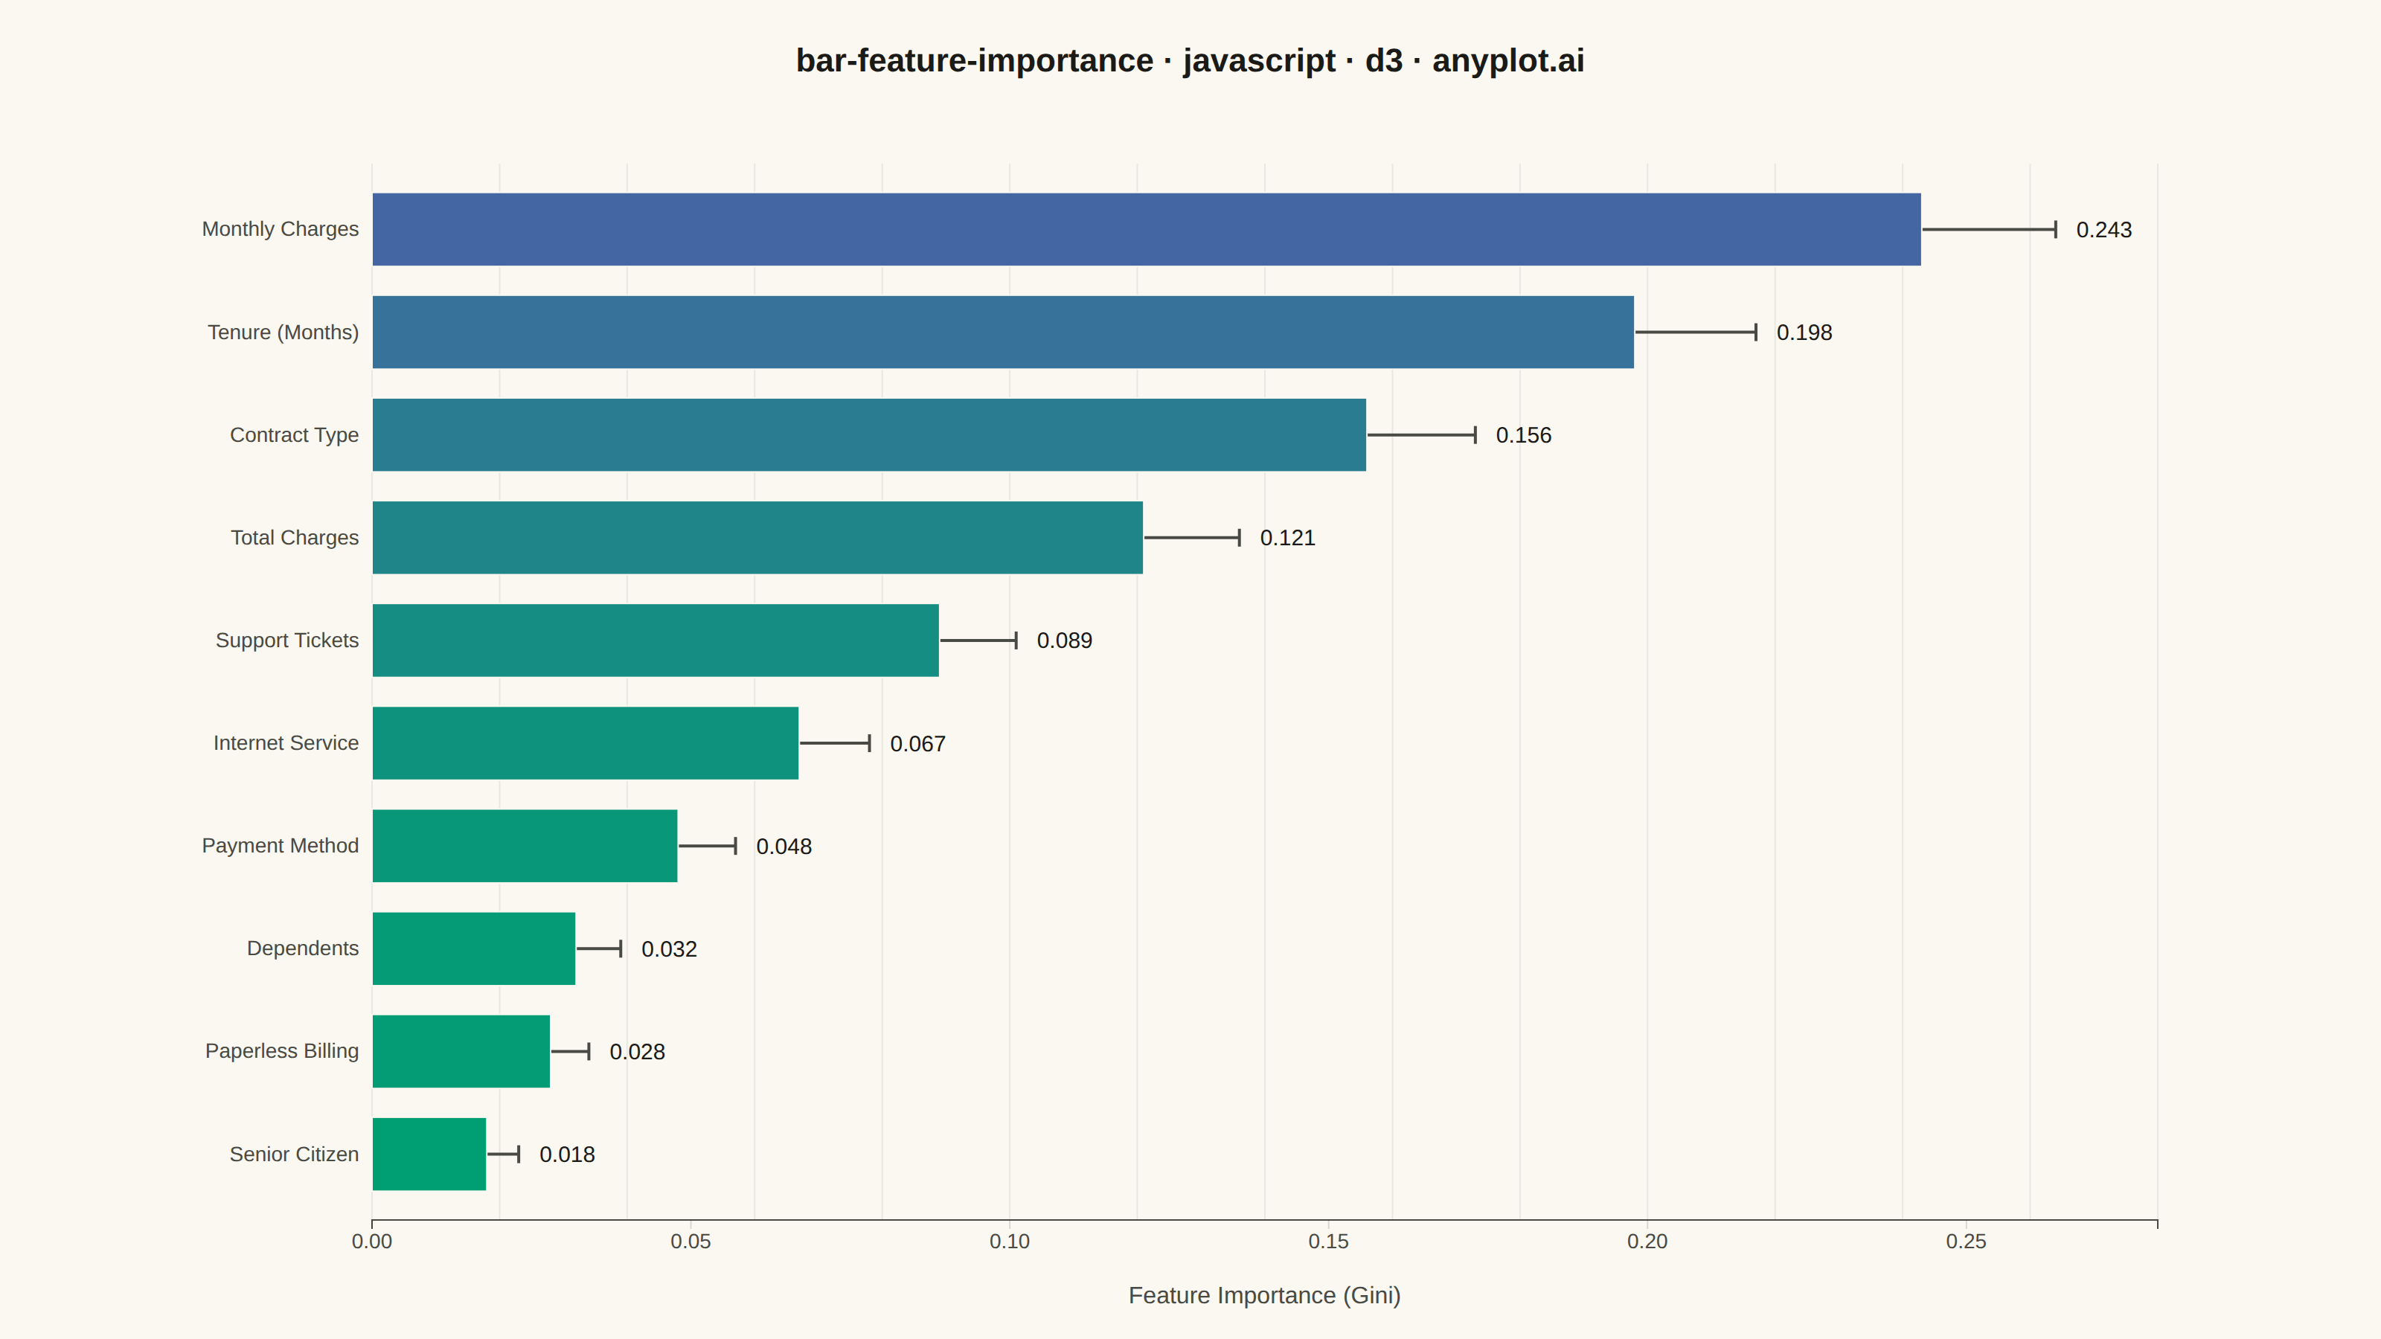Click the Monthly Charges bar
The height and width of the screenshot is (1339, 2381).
[x=1146, y=229]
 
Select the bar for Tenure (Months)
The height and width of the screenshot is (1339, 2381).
[x=1003, y=332]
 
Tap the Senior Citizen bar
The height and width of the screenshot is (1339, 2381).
[x=429, y=1155]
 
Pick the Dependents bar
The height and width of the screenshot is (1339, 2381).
[x=473, y=948]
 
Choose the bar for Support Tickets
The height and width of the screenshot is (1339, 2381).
[x=656, y=640]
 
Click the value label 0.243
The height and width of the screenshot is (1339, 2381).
[x=2103, y=230]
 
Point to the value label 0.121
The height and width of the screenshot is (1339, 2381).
[x=1287, y=538]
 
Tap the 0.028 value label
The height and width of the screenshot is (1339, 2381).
[x=637, y=1052]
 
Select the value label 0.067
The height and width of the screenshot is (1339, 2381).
[x=918, y=744]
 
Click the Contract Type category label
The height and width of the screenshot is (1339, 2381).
[x=294, y=435]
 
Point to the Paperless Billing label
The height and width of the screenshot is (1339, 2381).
[x=282, y=1050]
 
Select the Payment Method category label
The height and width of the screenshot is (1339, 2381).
[x=280, y=846]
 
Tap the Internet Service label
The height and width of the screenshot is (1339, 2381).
[x=286, y=743]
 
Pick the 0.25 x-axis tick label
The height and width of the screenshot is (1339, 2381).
[x=1966, y=1241]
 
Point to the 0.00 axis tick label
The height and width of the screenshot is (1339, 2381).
[x=371, y=1241]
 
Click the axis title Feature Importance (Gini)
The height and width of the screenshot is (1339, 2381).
[x=1264, y=1296]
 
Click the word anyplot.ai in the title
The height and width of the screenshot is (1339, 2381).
[x=1508, y=60]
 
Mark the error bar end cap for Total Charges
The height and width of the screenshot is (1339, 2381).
[x=1240, y=538]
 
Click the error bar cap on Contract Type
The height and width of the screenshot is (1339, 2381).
[x=1475, y=435]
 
